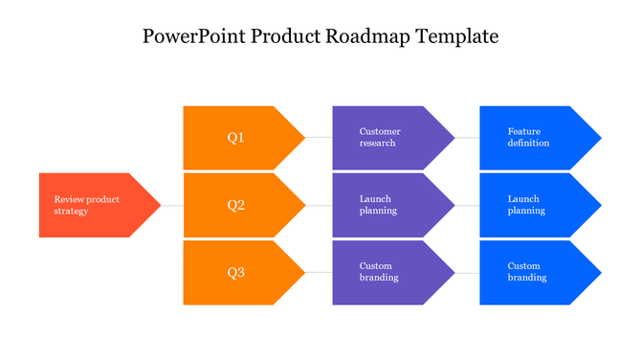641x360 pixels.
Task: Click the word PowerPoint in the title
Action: coord(187,37)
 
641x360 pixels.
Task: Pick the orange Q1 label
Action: coord(236,138)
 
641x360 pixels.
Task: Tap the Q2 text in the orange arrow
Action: coord(236,205)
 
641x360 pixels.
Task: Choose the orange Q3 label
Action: coord(236,273)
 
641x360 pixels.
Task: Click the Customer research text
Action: coord(380,137)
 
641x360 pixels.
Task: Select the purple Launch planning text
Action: coord(378,205)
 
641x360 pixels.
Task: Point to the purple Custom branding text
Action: coord(379,272)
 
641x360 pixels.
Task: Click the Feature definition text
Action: coord(528,137)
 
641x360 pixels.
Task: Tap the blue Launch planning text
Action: coord(526,205)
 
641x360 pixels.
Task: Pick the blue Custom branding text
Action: coord(527,272)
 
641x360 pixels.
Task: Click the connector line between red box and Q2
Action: coord(172,206)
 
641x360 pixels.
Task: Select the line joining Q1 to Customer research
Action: coord(319,138)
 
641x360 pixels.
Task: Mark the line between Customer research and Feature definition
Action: coord(467,138)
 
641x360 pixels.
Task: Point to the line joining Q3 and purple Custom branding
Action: coord(319,273)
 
